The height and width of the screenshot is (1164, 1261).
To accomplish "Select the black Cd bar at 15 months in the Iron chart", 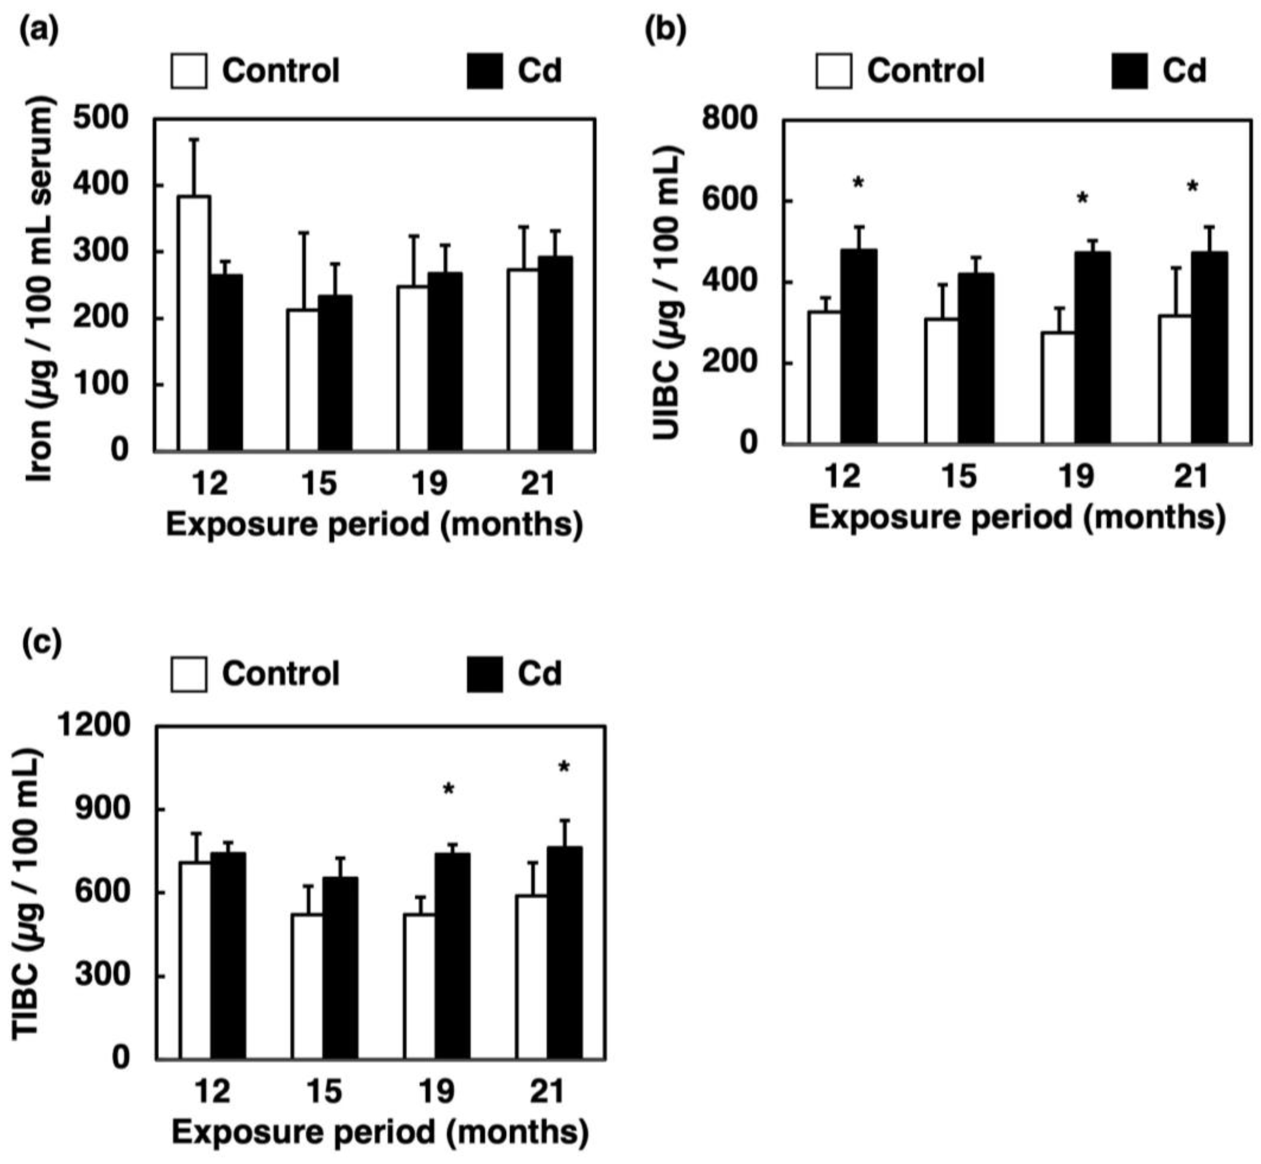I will click(335, 373).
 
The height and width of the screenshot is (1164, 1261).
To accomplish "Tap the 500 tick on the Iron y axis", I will click(101, 119).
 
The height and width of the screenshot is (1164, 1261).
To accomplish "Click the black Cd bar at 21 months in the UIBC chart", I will click(1209, 348).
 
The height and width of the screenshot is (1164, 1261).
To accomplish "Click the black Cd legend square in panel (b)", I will click(1129, 70).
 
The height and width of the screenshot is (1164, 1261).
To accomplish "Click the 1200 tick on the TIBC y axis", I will click(93, 726).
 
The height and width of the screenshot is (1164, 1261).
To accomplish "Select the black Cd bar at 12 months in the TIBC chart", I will click(228, 956).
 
